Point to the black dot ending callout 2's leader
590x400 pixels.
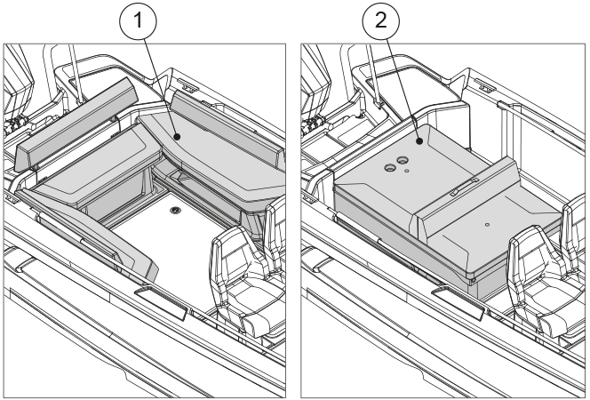[419, 140]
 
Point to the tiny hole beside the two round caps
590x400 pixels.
[406, 172]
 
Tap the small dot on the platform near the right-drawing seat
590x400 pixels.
[487, 225]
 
